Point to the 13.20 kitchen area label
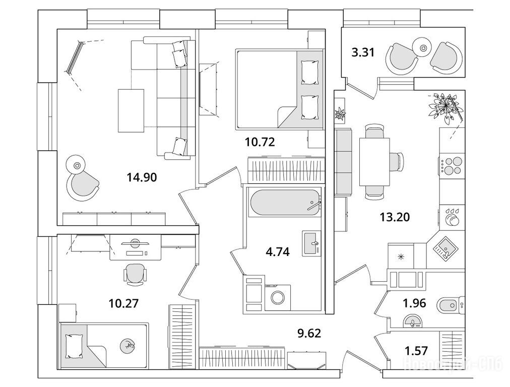click(395, 217)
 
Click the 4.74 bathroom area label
click(277, 251)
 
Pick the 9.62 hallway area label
click(308, 333)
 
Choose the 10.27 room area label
click(123, 303)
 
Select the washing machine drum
click(278, 297)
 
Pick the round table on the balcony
click(423, 48)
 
